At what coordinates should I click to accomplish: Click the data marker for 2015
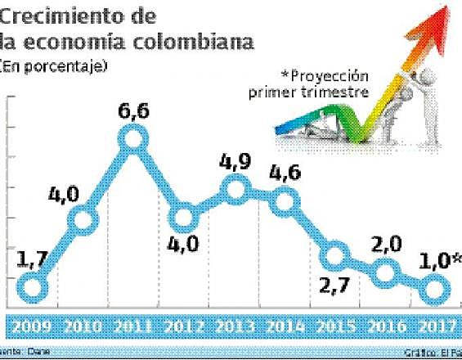coord(334,256)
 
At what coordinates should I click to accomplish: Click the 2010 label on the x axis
coord(82,326)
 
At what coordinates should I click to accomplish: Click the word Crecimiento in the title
coord(61,16)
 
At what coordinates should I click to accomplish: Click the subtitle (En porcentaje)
coord(55,65)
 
